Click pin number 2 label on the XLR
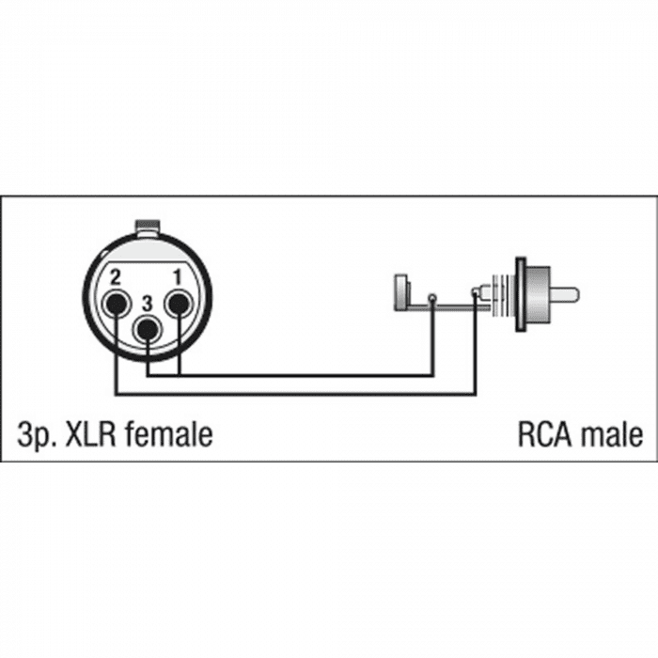[115, 277]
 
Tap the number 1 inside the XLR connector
[178, 277]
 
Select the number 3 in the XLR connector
[147, 305]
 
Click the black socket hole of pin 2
[117, 305]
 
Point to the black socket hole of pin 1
[179, 304]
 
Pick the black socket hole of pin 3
[147, 330]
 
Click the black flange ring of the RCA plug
[521, 294]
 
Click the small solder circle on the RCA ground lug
[431, 298]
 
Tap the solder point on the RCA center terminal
[475, 290]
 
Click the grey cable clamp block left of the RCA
[400, 292]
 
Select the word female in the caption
[168, 434]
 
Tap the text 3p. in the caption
[37, 435]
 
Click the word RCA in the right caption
[544, 434]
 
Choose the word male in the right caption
[611, 434]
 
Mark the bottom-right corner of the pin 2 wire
[475, 394]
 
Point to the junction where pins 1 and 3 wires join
[180, 375]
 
